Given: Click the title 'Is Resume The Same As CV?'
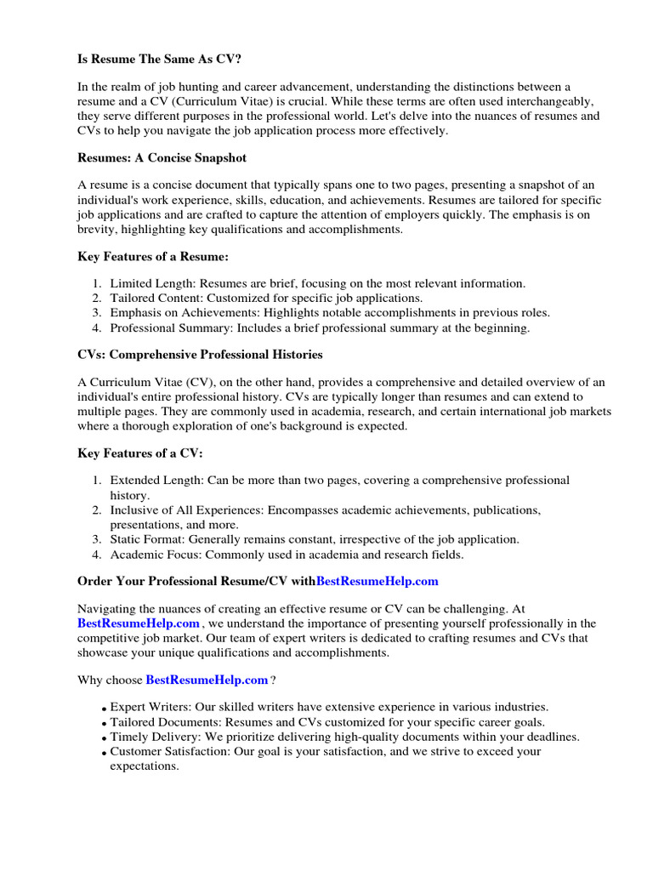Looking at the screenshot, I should (x=153, y=61).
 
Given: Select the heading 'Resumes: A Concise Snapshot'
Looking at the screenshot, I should (x=162, y=158).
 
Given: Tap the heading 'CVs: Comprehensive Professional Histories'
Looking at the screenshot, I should (x=200, y=354).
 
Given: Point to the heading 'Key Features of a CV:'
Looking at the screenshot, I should (x=140, y=454).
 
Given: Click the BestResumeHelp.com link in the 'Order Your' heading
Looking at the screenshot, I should (x=378, y=581).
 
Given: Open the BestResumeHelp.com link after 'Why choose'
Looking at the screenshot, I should (x=207, y=680).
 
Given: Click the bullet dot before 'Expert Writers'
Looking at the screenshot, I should (x=103, y=709).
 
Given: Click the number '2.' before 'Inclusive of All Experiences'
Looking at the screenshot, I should (x=98, y=510).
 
